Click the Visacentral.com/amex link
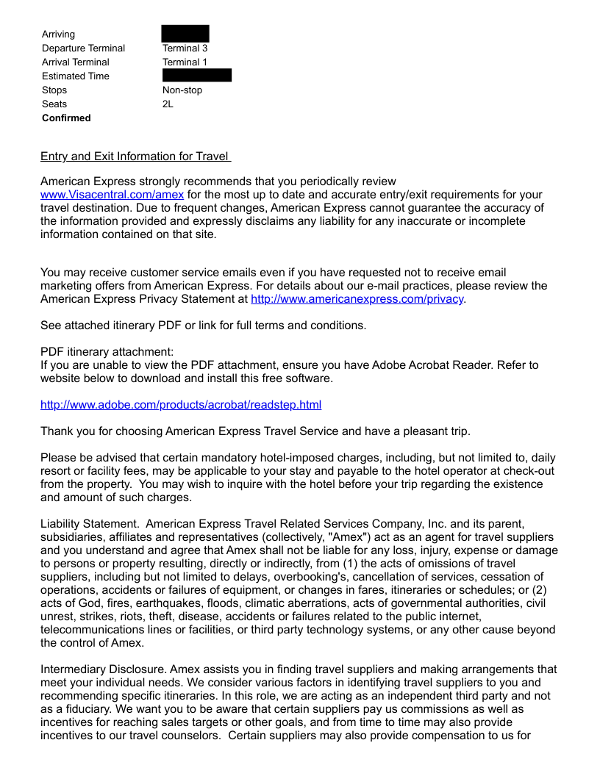coord(112,195)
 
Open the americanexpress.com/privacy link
coord(357,299)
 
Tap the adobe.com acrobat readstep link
coord(181,405)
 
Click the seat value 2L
coord(168,104)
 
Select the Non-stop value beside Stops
coord(182,90)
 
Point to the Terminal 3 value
coord(185,48)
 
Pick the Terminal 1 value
coord(185,62)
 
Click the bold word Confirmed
coord(66,118)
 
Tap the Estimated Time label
coord(76,76)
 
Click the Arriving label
coord(58,35)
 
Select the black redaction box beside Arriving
coord(185,34)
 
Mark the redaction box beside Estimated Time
coord(197,76)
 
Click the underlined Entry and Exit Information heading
coord(135,157)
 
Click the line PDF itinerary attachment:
coord(107,352)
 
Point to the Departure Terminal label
coord(83,48)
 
